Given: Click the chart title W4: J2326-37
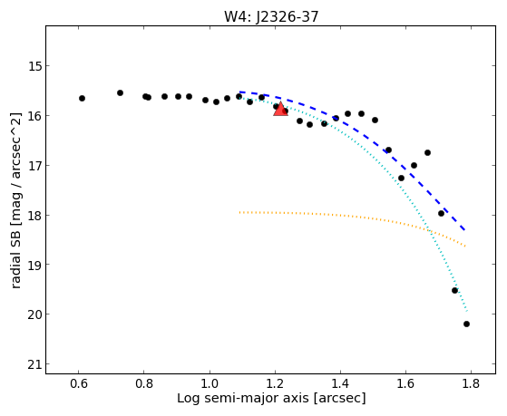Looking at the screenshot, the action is (271, 17).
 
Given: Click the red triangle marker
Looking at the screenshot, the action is (280, 109).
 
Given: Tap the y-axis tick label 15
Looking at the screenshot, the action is (35, 66).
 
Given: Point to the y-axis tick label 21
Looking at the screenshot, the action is (35, 364).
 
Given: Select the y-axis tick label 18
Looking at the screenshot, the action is (35, 216).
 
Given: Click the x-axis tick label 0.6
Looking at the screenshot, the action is (79, 383).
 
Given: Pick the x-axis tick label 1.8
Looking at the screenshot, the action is (471, 383).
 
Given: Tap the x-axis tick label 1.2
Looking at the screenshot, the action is (275, 383).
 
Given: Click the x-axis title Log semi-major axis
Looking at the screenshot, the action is (243, 398).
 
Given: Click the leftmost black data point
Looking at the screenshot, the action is (82, 98).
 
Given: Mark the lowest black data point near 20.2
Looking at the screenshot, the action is (466, 324).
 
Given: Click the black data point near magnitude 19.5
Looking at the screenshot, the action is (454, 291).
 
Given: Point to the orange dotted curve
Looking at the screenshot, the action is (353, 216).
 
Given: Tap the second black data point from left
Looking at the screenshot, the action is (120, 92).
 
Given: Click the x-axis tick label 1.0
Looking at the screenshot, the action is (210, 383).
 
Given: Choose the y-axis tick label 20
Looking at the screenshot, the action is (35, 314).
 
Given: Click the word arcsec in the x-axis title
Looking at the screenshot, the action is (339, 398).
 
